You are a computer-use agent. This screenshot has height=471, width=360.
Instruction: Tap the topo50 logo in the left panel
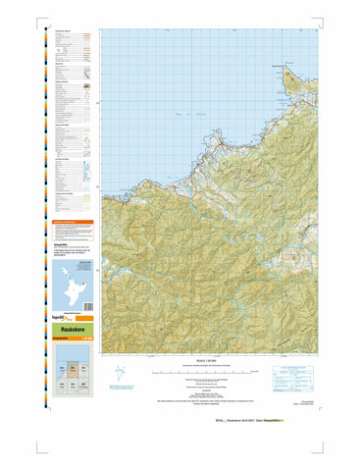pos(62,320)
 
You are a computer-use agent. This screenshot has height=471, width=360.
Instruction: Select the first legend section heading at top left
pos(65,30)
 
